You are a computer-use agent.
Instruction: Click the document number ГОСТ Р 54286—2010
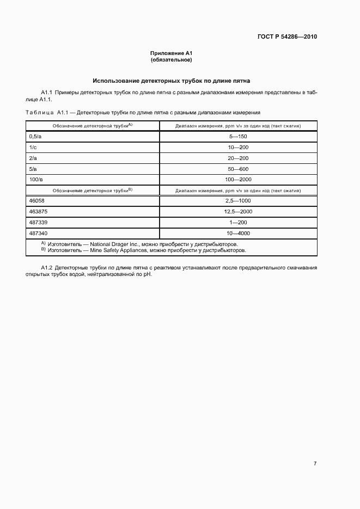point(287,37)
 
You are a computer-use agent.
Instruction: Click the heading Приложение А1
point(172,53)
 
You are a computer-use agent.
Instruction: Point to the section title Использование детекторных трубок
point(172,81)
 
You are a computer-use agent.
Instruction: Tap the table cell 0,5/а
point(35,137)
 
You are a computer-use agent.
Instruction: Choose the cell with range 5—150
point(238,137)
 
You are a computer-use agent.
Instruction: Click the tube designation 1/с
point(33,147)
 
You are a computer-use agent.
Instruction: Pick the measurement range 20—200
point(238,158)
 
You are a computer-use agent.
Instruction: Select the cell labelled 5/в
point(33,169)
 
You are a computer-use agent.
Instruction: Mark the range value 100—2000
point(238,179)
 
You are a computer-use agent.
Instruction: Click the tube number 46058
point(36,201)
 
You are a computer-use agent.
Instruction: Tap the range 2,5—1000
point(238,201)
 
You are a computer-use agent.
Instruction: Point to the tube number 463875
point(38,212)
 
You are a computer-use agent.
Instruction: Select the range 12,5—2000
point(238,212)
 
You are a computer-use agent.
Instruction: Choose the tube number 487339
point(38,222)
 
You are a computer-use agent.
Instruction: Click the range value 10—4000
point(238,233)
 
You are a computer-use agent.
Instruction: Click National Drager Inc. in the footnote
point(114,244)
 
